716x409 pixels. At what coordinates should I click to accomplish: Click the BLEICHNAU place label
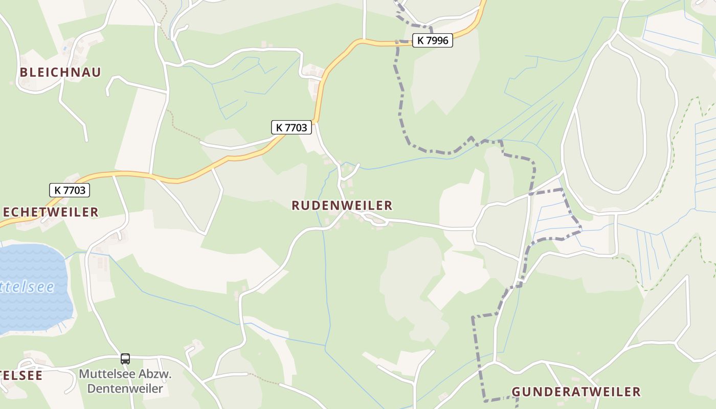coord(60,72)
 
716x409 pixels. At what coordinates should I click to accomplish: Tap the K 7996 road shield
coord(432,40)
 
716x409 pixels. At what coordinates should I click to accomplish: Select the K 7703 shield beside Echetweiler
coord(70,190)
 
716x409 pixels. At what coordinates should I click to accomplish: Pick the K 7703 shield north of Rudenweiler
coord(291,127)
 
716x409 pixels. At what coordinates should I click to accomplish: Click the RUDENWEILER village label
coord(342,206)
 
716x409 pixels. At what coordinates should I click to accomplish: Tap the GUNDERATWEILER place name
coord(576,392)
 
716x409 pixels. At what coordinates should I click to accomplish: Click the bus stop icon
coord(125,359)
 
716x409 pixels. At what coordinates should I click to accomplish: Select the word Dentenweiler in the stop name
coord(125,389)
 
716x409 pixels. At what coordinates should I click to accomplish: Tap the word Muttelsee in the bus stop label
coord(107,374)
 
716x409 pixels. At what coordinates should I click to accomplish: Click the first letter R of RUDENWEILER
coord(296,206)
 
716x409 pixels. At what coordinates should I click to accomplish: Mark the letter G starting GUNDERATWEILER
coord(516,392)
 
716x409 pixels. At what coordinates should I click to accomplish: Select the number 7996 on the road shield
coord(437,40)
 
